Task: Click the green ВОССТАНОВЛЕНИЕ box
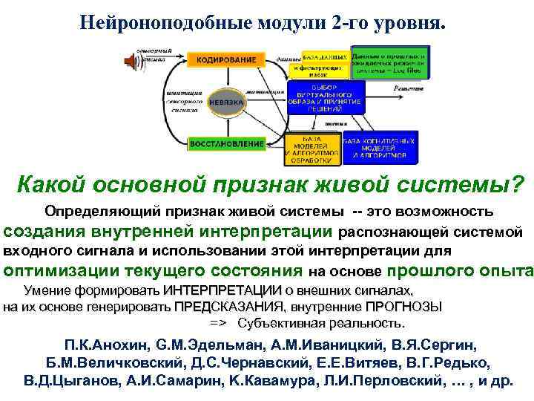pos(227,143)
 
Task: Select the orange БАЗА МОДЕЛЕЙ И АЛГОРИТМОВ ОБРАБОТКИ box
pos(313,150)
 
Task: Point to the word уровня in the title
pos(411,23)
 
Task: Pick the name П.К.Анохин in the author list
pos(109,346)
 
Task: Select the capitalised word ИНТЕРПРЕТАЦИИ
pos(220,290)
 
